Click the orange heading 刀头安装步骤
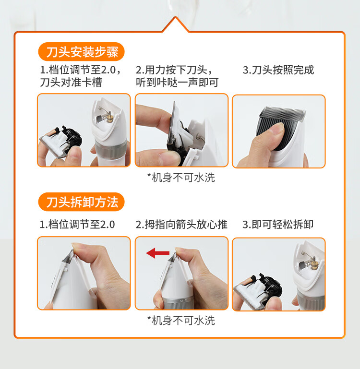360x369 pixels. pos(81,52)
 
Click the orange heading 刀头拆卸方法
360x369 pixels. pos(81,202)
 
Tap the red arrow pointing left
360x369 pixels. pos(157,253)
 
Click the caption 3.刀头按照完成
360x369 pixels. pos(278,70)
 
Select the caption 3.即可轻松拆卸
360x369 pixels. pos(278,224)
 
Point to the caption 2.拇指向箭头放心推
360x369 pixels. pos(181,224)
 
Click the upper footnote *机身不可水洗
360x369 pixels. pos(181,178)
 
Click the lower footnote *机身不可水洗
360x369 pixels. pos(181,320)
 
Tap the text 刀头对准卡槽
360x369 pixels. pos(71,83)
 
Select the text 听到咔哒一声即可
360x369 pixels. pos(177,83)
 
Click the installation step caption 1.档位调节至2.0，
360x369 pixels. pos(81,70)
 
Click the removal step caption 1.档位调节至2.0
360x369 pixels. pos(77,224)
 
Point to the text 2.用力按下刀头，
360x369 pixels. pos(174,70)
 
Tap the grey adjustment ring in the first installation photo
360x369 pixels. pos(111,150)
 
